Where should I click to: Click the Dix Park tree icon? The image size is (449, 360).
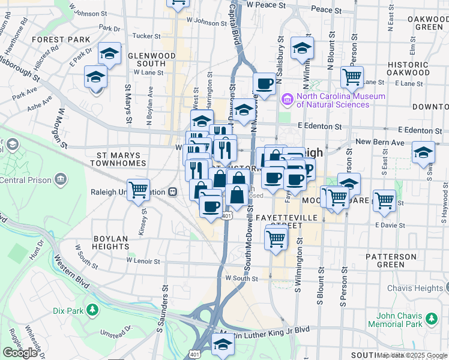point(92,310)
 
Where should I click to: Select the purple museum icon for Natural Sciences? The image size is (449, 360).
point(287,99)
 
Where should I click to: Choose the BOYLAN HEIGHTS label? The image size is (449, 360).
point(111,242)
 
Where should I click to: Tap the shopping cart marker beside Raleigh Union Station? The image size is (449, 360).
point(138,190)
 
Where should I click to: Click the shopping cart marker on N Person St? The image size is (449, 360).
point(352,76)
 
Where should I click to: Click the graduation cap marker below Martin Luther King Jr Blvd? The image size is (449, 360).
point(223,344)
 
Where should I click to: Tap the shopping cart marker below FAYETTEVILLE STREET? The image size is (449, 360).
point(276,238)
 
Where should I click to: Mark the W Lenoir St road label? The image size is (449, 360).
point(143,261)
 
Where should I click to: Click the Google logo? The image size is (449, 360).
point(20,353)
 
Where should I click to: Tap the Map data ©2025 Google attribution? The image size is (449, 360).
point(412,355)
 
